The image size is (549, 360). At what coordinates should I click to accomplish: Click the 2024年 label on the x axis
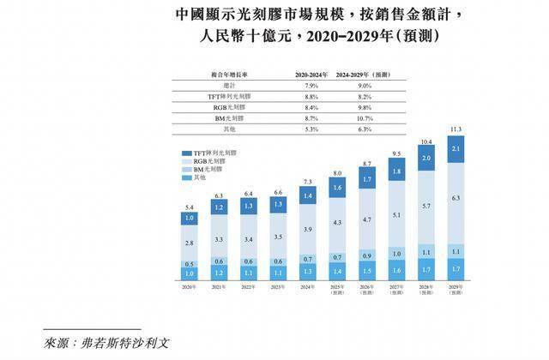306,285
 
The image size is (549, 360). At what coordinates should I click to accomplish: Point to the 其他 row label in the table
229,129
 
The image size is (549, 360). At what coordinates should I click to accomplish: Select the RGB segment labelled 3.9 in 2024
306,231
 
